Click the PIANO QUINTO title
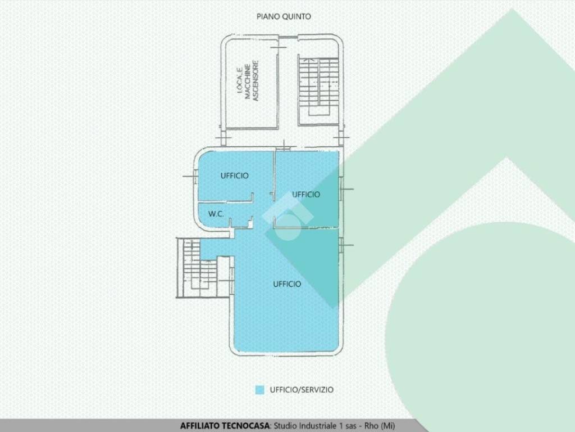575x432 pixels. tap(284, 16)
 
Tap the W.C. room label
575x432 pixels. tap(216, 214)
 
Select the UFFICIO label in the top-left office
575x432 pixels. tap(235, 175)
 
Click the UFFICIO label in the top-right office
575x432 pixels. tap(306, 194)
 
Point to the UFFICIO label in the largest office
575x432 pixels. tap(287, 284)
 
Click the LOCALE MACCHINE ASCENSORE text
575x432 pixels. tap(248, 80)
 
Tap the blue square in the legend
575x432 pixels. tap(259, 390)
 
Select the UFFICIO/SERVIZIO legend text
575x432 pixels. tap(302, 390)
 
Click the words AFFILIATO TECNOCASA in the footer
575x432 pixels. tap(225, 426)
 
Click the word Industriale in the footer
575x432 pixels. tap(318, 426)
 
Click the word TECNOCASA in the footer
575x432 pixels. tap(245, 426)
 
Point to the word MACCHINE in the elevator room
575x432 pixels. tap(248, 82)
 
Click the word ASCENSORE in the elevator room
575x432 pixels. tap(256, 80)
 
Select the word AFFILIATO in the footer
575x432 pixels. tap(199, 426)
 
